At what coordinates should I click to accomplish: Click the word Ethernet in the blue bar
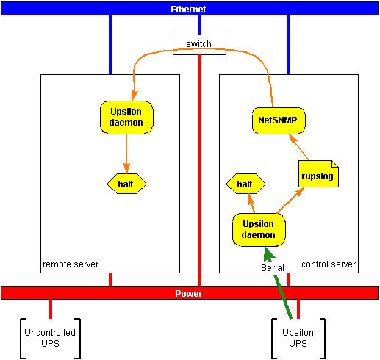pyautogui.click(x=188, y=9)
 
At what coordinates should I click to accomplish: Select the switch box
pyautogui.click(x=198, y=44)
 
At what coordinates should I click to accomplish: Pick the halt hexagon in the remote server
pyautogui.click(x=126, y=182)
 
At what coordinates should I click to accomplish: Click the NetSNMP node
pyautogui.click(x=279, y=118)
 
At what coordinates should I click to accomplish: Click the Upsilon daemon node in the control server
pyautogui.click(x=258, y=229)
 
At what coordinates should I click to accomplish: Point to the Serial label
pyautogui.click(x=273, y=269)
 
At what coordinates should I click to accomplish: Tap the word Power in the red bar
pyautogui.click(x=188, y=293)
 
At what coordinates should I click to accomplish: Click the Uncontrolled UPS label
pyautogui.click(x=50, y=339)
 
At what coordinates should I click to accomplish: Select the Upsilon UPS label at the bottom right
pyautogui.click(x=298, y=339)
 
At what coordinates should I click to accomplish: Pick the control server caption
pyautogui.click(x=328, y=264)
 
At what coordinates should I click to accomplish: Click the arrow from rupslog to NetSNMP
pyautogui.click(x=301, y=148)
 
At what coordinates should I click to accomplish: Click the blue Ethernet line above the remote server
pyautogui.click(x=110, y=44)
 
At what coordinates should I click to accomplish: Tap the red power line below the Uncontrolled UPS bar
pyautogui.click(x=50, y=309)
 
